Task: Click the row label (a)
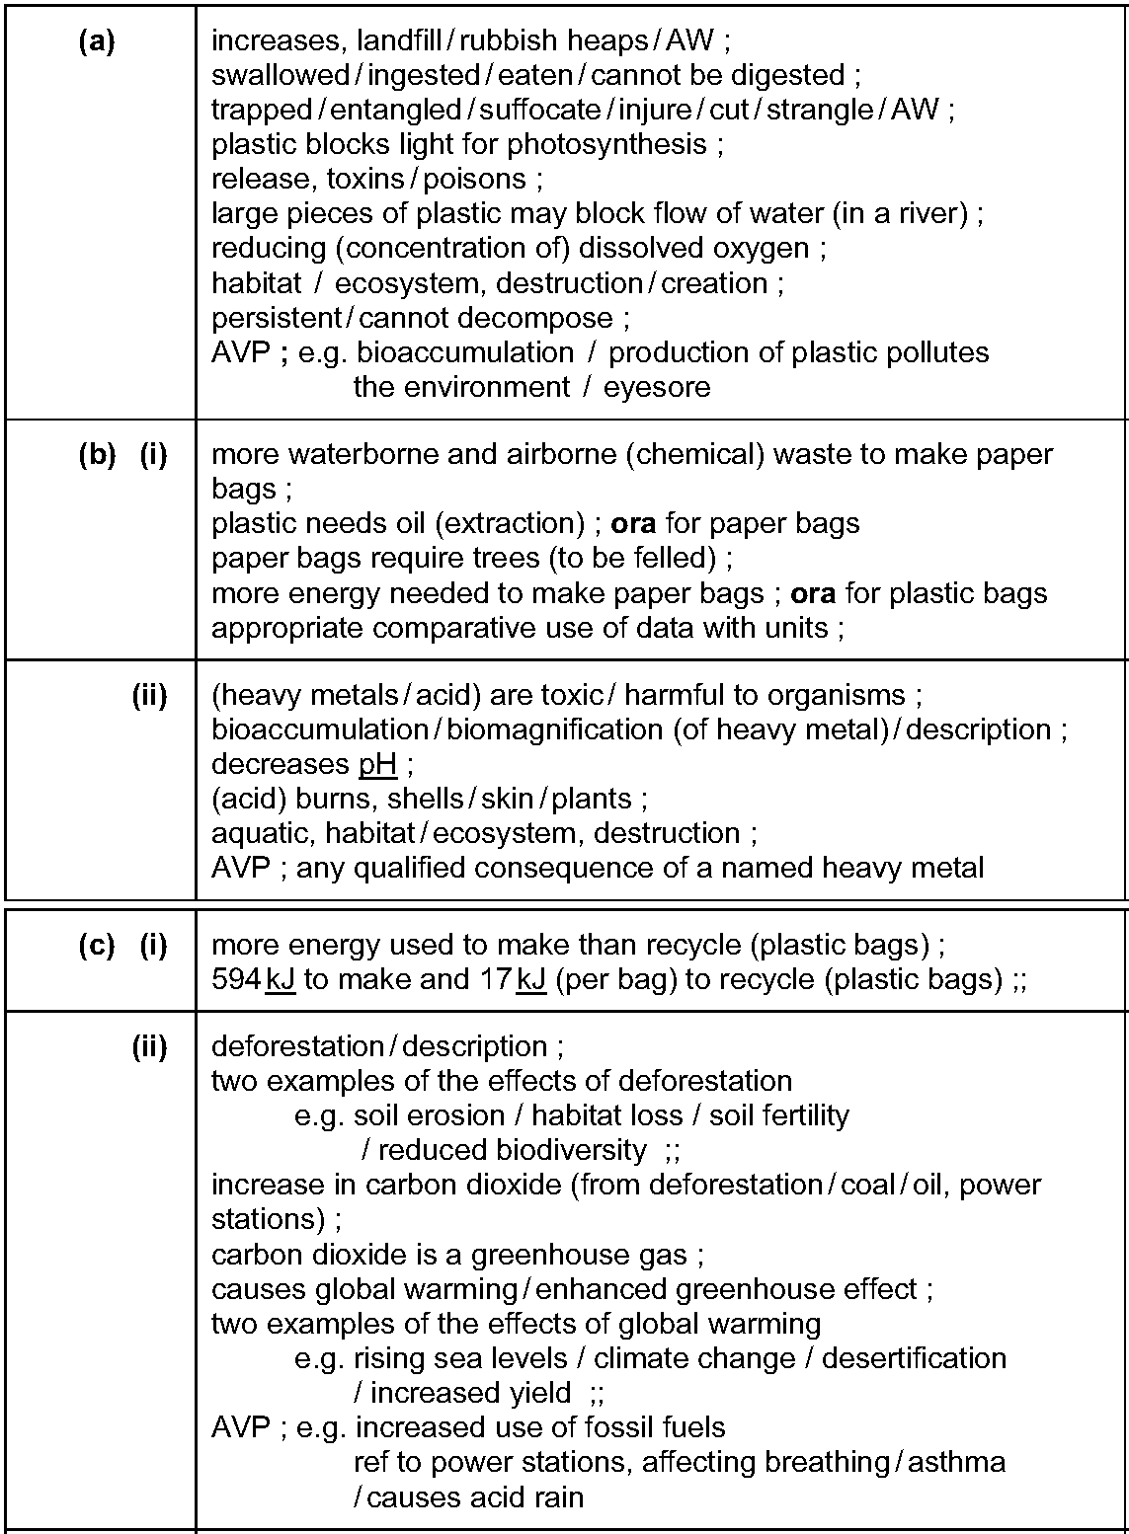click(x=96, y=41)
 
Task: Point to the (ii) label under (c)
click(x=149, y=1046)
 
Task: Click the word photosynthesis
click(x=606, y=145)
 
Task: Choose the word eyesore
click(x=657, y=387)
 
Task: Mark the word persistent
click(x=276, y=318)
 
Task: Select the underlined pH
click(x=377, y=765)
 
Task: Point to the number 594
click(x=237, y=980)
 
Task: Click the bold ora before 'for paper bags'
click(x=633, y=524)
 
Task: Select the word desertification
click(x=914, y=1358)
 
